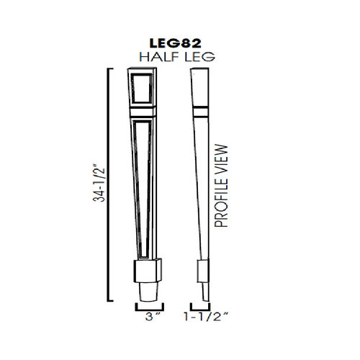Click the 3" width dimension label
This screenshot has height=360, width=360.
click(x=148, y=315)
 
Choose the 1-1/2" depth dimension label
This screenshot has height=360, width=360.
click(x=204, y=315)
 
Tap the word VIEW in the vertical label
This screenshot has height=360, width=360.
click(x=222, y=161)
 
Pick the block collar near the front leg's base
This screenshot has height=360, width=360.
click(x=147, y=272)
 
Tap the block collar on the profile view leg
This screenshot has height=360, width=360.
click(x=204, y=272)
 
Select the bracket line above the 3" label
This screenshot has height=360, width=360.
click(x=148, y=305)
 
